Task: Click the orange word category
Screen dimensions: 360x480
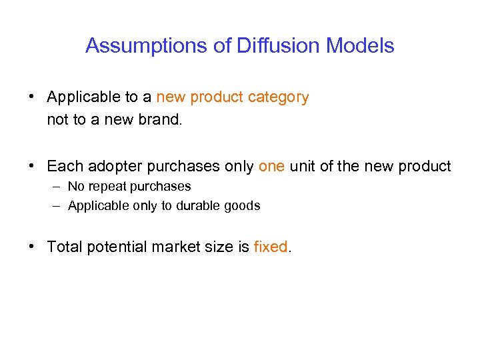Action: [x=278, y=97]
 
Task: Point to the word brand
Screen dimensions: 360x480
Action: [x=161, y=121]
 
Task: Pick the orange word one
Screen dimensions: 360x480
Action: [x=271, y=166]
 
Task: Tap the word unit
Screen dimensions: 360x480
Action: [x=303, y=166]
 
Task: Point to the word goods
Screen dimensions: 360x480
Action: [x=242, y=206]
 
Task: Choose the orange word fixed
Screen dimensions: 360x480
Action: [x=271, y=247]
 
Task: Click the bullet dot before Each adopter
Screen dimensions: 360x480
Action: [x=32, y=166]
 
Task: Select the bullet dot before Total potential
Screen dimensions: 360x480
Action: [x=32, y=247]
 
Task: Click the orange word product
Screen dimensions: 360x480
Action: [x=217, y=97]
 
